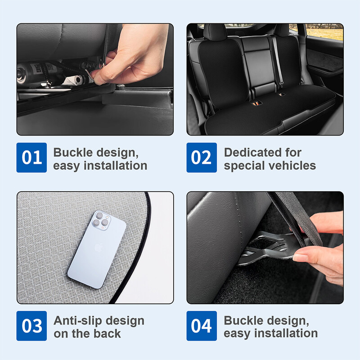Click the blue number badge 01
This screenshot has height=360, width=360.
[31, 157]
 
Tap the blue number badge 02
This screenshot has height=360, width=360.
[202, 157]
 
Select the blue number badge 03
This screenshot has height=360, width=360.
[31, 326]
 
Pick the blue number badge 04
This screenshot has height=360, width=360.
[202, 326]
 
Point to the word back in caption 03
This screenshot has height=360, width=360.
[107, 333]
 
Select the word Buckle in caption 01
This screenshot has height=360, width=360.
[73, 153]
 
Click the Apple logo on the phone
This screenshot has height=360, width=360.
[98, 248]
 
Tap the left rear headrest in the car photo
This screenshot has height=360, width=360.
[215, 32]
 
